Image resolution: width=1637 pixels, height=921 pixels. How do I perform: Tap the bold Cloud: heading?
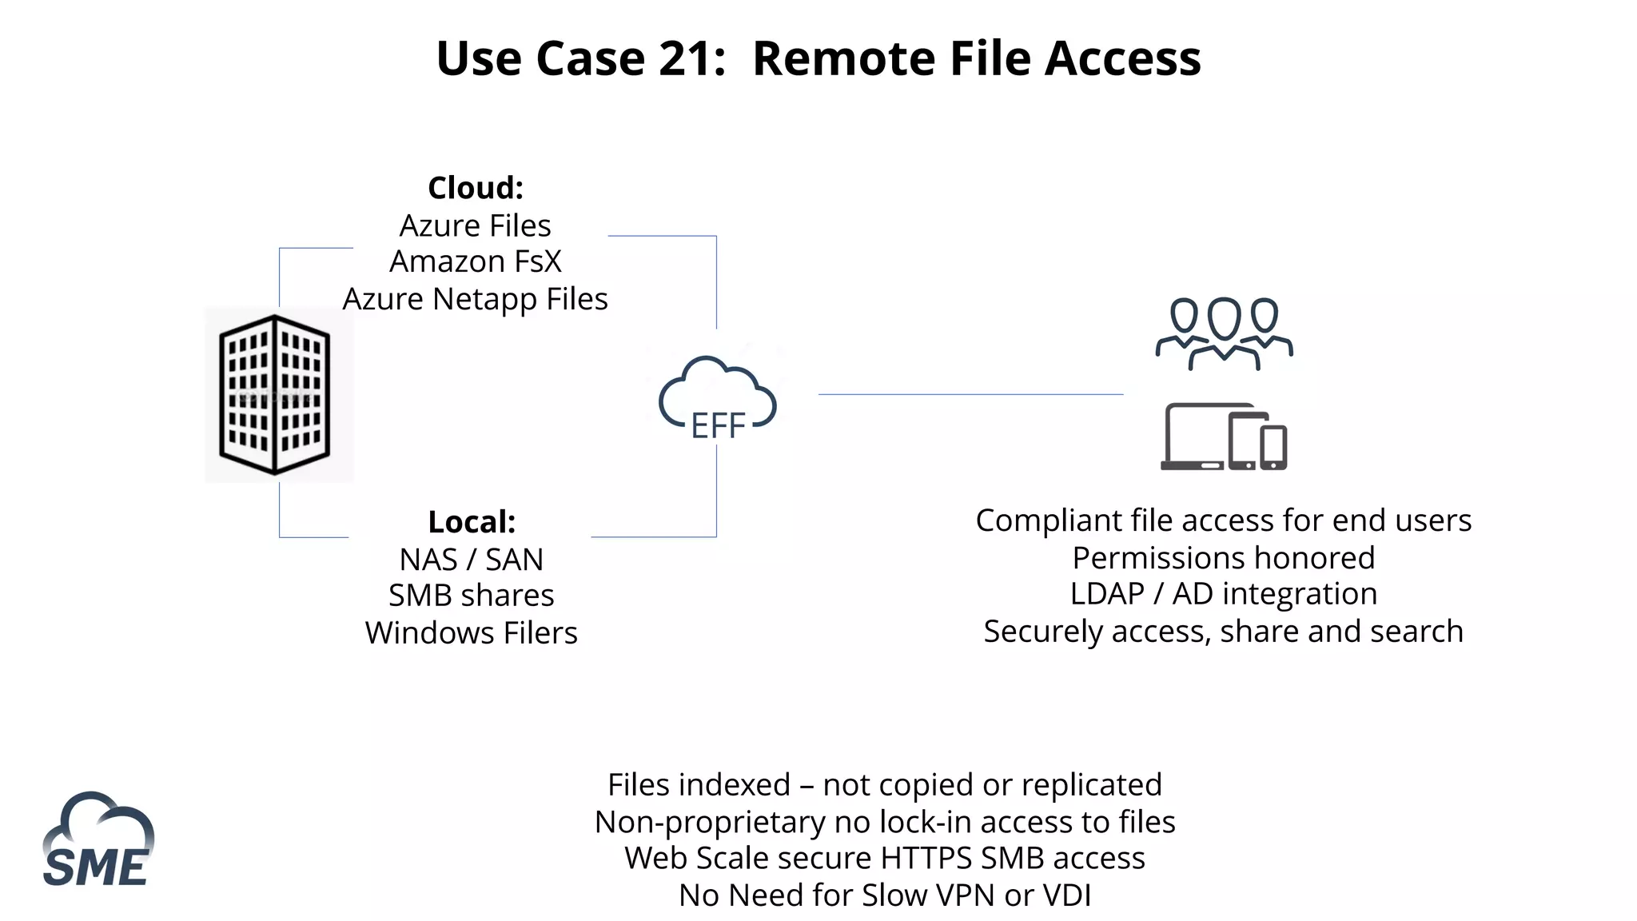476,189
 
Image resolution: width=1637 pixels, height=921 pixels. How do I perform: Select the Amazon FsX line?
476,261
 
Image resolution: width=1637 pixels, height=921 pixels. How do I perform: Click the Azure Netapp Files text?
476,299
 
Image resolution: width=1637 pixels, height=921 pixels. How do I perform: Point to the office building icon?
275,395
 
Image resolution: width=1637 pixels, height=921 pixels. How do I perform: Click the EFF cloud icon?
717,400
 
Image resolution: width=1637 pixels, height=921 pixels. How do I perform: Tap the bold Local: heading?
472,522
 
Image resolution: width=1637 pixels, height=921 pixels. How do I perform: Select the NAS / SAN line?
472,560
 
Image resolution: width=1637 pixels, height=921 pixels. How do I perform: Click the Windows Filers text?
472,633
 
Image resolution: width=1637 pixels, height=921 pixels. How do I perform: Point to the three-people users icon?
1224,334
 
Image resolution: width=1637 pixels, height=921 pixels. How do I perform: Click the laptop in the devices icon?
1195,437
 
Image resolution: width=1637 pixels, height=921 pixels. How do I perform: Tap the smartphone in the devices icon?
1273,449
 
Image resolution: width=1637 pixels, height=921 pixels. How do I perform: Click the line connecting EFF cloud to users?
970,394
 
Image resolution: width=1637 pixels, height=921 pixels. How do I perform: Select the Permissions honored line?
1224,558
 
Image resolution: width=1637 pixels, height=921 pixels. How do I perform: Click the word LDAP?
1107,594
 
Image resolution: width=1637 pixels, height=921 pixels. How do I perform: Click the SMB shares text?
472,596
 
